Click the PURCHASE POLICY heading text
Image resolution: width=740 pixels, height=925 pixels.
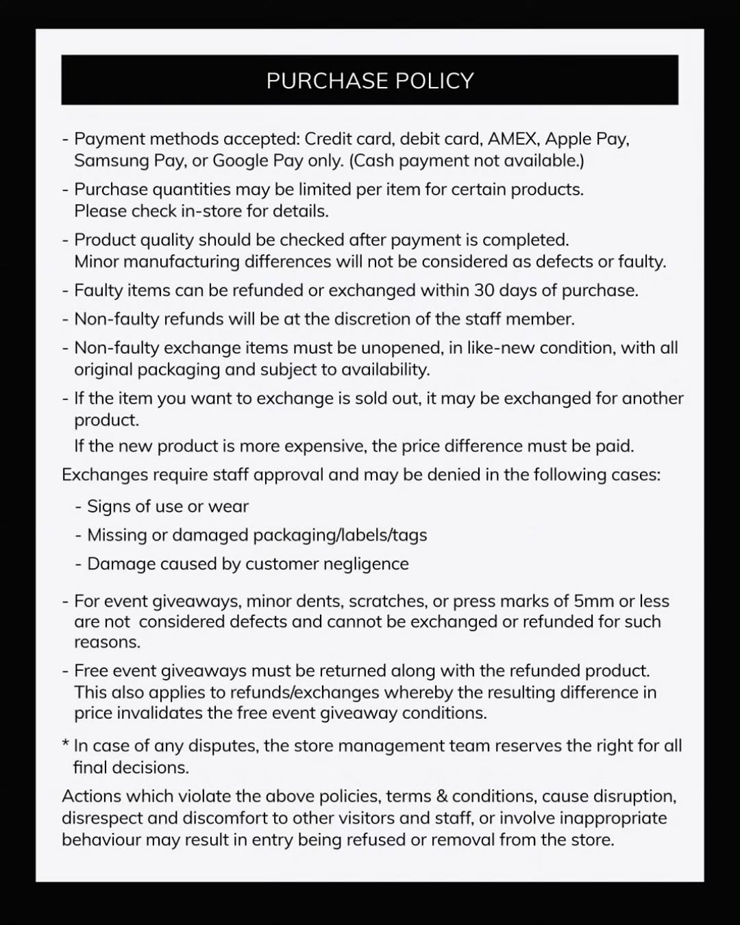[x=370, y=81]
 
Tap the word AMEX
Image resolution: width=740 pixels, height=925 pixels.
[x=513, y=139]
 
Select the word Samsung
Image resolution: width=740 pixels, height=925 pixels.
[x=106, y=161]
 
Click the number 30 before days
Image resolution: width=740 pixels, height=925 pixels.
[x=484, y=291]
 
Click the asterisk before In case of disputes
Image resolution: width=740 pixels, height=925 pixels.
[x=65, y=743]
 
